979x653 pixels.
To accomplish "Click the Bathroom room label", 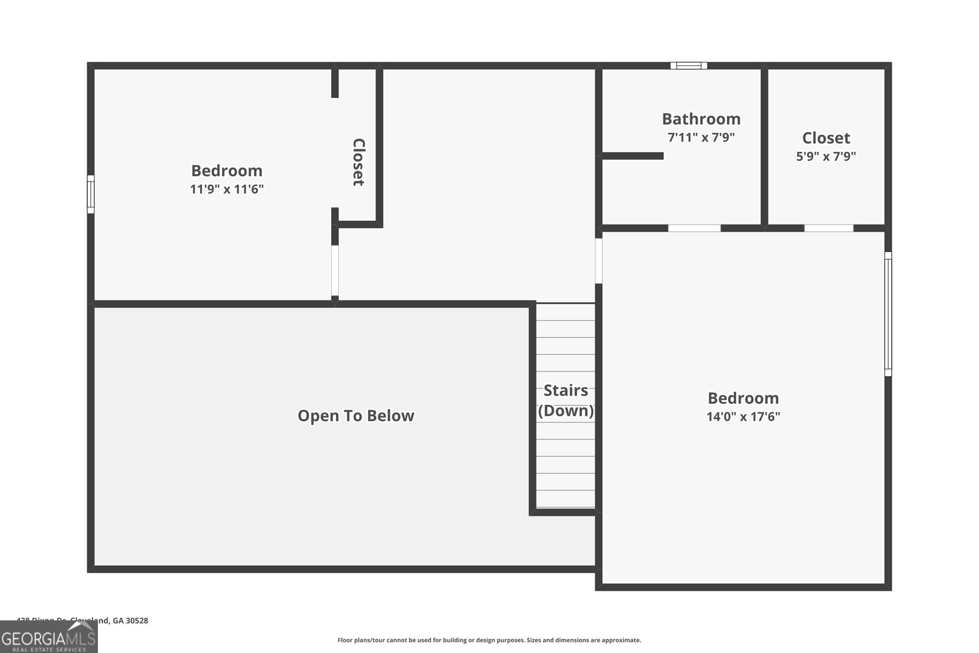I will pos(701,119).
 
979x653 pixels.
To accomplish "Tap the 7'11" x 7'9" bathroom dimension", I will pos(701,137).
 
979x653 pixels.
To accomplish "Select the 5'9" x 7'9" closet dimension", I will pos(825,156).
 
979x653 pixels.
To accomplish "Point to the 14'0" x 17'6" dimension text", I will pos(743,417).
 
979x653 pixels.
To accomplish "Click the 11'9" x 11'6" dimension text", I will pos(226,189).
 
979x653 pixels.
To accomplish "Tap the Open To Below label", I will pos(355,416).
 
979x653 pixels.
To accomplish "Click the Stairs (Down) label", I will pos(565,400).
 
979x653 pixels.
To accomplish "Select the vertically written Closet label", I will pos(359,162).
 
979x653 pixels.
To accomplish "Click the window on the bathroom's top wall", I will pos(688,65).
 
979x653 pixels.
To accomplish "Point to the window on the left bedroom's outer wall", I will pos(91,194).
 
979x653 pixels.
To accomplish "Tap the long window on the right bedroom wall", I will pos(888,313).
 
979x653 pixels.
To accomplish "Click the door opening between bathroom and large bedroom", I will pos(694,228).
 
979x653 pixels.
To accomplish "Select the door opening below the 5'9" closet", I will pos(828,228).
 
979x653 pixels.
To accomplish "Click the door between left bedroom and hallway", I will pos(335,271).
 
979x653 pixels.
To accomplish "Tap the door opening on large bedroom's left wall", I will pos(598,261).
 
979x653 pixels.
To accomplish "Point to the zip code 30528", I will pos(136,621).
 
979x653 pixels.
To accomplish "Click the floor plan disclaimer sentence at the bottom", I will pos(489,640).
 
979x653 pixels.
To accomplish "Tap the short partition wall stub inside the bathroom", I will pos(633,156).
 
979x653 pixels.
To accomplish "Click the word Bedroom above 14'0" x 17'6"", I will pos(743,398).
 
